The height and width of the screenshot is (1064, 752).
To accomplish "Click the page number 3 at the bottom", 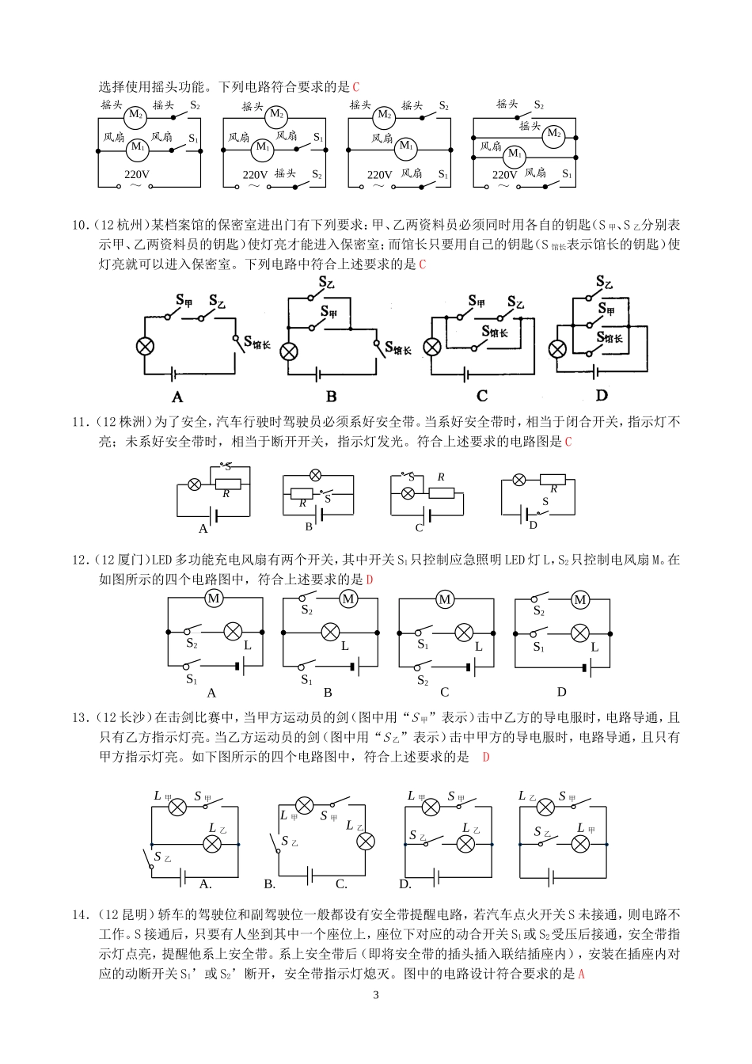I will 375,995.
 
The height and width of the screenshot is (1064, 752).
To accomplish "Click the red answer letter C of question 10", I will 422,264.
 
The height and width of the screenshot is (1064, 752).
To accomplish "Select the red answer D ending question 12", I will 370,579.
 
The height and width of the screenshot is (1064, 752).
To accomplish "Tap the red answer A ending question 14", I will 581,974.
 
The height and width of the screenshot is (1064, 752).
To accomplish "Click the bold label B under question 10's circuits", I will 331,396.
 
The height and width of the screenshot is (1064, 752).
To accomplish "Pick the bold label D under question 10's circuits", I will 602,395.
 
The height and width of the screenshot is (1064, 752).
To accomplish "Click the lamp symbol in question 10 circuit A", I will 145,346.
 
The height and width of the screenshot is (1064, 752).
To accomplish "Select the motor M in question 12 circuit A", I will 214,598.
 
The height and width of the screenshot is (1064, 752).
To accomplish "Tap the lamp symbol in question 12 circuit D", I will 580,633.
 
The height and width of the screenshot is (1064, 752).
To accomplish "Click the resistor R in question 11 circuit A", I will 228,484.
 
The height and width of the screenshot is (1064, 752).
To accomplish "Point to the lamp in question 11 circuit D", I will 519,480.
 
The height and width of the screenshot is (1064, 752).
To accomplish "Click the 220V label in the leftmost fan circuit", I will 136,175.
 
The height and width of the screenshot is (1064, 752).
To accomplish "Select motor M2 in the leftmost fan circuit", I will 135,116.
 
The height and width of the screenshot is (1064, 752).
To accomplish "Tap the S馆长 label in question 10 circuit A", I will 257,342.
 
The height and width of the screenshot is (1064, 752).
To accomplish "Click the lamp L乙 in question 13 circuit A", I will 212,844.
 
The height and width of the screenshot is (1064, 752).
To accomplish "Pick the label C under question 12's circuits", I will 444,692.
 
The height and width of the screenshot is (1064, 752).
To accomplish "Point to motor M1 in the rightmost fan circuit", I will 515,154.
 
